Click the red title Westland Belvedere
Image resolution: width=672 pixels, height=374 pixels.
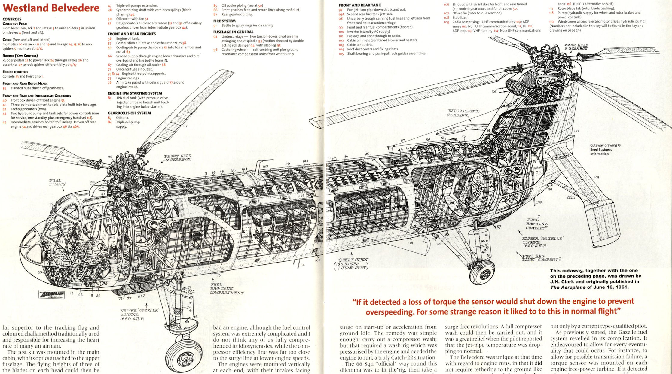(51, 8)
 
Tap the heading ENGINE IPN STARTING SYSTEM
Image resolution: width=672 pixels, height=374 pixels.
(135, 93)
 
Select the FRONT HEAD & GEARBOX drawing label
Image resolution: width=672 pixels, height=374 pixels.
(178, 158)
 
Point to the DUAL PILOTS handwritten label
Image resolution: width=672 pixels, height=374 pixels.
(57, 182)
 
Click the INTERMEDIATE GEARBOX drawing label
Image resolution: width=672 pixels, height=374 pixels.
(463, 113)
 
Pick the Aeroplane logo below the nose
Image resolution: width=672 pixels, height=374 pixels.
(52, 294)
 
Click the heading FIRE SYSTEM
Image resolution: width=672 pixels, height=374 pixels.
(224, 21)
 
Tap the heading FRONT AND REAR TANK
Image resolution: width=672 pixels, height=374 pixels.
(360, 5)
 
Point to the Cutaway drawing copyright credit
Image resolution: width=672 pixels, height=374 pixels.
(605, 150)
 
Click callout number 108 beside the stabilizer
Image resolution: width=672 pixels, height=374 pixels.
(597, 177)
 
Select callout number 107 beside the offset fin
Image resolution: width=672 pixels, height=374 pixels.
(576, 131)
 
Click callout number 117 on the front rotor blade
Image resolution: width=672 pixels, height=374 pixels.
(185, 126)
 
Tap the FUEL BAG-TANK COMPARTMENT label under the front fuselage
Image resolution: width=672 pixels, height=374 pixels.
(226, 289)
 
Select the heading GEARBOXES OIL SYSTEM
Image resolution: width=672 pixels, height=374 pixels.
(129, 113)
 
